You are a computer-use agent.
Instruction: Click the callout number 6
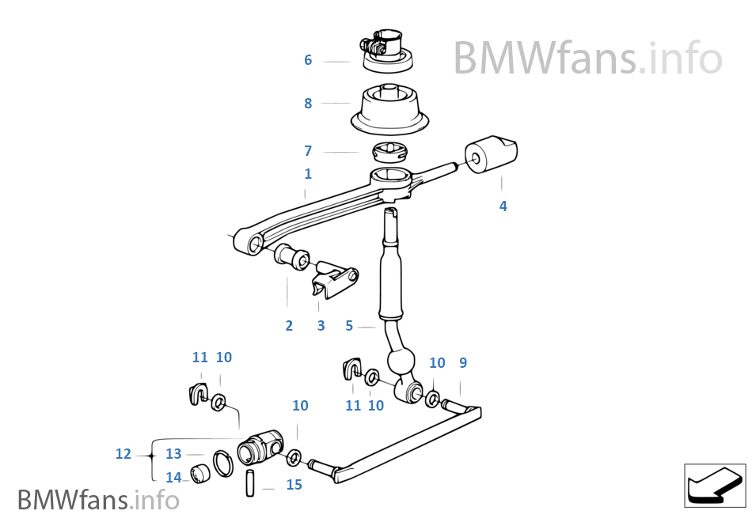(x=308, y=60)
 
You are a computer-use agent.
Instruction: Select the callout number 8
(x=308, y=103)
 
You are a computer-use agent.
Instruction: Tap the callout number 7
(x=308, y=151)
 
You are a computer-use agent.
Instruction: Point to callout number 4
(x=503, y=206)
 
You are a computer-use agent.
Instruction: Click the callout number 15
(x=294, y=484)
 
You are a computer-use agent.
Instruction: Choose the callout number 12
(x=123, y=454)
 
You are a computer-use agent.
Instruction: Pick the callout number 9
(x=463, y=362)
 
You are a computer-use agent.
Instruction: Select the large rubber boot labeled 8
(x=389, y=109)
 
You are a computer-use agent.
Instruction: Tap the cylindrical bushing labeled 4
(x=491, y=155)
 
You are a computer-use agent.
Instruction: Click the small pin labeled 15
(x=250, y=483)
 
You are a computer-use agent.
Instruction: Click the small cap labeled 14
(x=200, y=474)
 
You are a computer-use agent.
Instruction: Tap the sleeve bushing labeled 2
(x=291, y=258)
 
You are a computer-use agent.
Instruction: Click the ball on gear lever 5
(x=401, y=362)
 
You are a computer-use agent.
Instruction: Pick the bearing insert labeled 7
(x=390, y=153)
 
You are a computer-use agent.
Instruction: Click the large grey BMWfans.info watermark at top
(x=587, y=58)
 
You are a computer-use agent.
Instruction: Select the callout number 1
(x=308, y=173)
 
